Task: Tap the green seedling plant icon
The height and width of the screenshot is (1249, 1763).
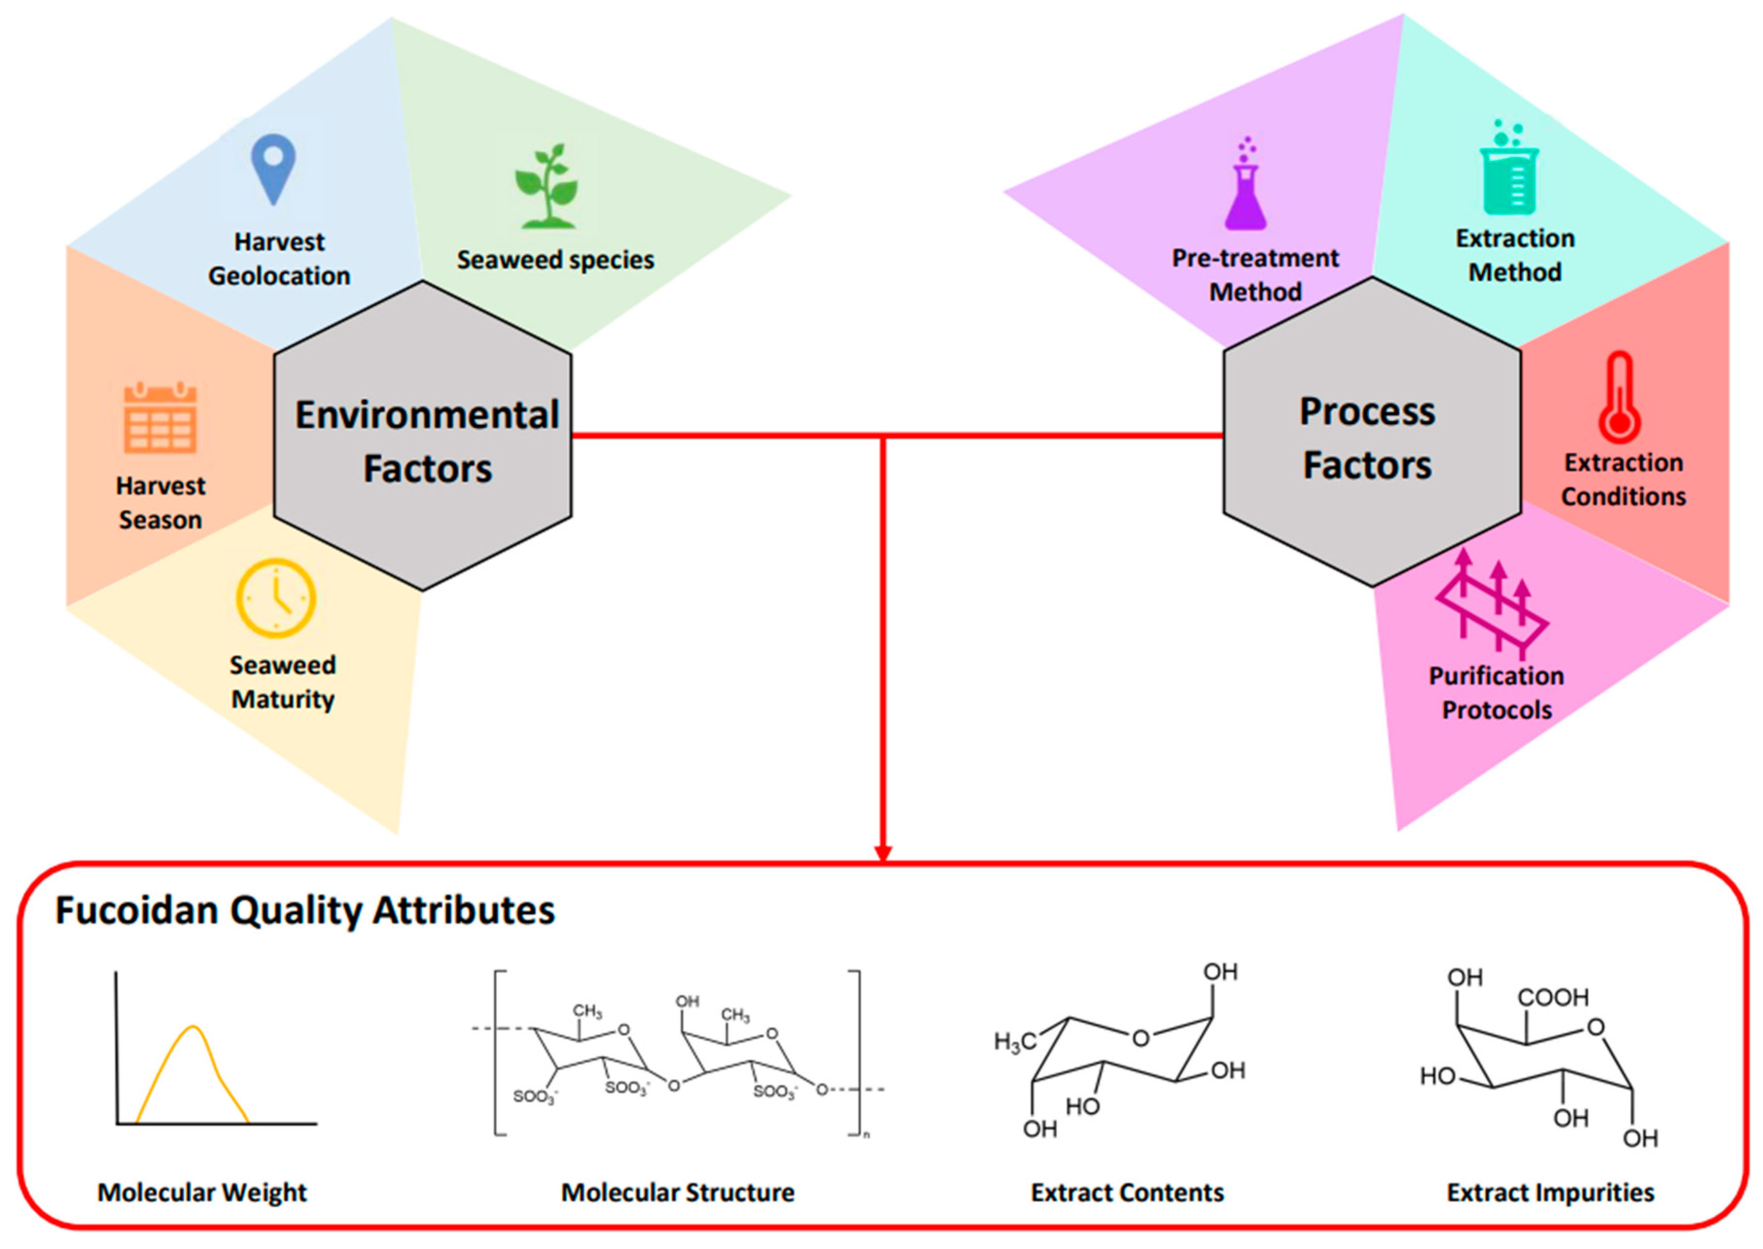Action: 546,187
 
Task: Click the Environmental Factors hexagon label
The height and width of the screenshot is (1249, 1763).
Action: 427,441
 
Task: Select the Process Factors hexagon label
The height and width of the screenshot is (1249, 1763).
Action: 1367,438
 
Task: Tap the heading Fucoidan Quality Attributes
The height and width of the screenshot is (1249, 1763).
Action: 305,910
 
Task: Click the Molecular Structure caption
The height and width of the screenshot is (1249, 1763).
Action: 677,1192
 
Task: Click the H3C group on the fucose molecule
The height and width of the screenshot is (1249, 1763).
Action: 1015,1042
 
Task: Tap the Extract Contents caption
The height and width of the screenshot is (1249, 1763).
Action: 1127,1192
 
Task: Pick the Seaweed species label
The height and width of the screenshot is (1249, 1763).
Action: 555,260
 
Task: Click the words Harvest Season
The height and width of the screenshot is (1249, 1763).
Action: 161,503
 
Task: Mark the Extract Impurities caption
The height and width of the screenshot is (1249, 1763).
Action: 1550,1192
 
